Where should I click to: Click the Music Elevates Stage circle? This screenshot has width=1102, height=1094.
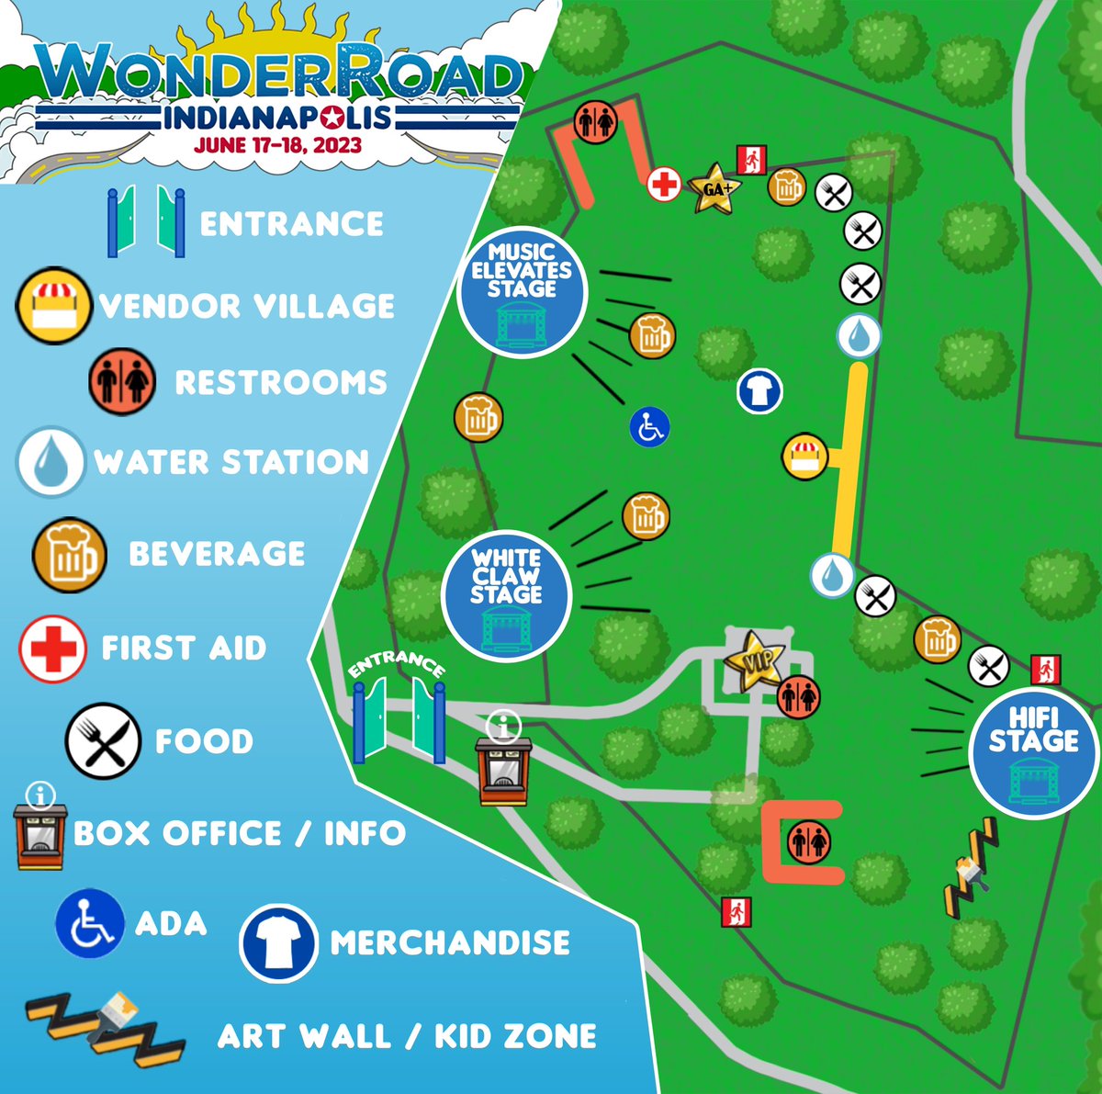click(521, 291)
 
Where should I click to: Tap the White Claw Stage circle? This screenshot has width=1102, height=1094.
click(506, 595)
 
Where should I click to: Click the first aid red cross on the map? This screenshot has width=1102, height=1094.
click(663, 185)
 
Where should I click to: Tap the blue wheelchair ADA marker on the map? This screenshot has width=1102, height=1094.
click(649, 427)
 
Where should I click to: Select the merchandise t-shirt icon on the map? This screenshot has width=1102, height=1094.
click(759, 391)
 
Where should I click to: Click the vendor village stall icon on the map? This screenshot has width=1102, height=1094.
click(804, 457)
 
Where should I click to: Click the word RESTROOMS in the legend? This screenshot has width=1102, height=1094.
click(281, 382)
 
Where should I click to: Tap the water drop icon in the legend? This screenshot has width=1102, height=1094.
click(51, 462)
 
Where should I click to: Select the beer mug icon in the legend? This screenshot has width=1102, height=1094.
click(69, 554)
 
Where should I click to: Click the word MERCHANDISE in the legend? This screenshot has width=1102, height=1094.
click(450, 942)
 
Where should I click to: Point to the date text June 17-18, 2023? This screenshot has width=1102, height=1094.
click(277, 145)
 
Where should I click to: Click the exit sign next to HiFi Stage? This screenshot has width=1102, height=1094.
click(1045, 669)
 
